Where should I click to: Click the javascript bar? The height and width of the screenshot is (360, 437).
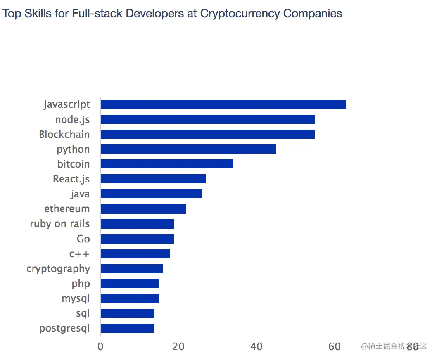pyautogui.click(x=223, y=104)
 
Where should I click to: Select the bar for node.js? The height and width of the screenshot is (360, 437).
pyautogui.click(x=207, y=119)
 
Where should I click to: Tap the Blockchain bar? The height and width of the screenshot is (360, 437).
pyautogui.click(x=207, y=134)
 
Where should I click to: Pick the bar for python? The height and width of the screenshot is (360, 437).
pyautogui.click(x=188, y=149)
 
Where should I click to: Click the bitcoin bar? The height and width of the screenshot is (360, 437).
pyautogui.click(x=166, y=164)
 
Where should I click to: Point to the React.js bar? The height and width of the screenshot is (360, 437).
pyautogui.click(x=153, y=179)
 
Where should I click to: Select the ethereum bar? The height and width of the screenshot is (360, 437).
pyautogui.click(x=143, y=209)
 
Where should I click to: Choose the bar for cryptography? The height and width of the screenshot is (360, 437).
pyautogui.click(x=131, y=269)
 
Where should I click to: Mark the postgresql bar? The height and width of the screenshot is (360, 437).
pyautogui.click(x=127, y=328)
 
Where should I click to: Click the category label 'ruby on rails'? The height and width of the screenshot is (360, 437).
pyautogui.click(x=59, y=224)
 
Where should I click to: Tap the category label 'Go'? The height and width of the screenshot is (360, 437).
pyautogui.click(x=83, y=239)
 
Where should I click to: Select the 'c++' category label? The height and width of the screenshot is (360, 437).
pyautogui.click(x=79, y=254)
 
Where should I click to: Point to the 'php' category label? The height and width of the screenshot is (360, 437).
pyautogui.click(x=81, y=284)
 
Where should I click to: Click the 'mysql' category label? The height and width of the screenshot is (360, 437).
pyautogui.click(x=76, y=298)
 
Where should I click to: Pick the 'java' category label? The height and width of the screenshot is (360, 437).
pyautogui.click(x=80, y=194)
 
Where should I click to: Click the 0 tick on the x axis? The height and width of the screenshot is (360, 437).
pyautogui.click(x=100, y=347)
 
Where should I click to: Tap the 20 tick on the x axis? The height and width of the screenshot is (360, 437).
pyautogui.click(x=178, y=347)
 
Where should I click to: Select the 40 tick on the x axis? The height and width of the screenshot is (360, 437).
pyautogui.click(x=256, y=347)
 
